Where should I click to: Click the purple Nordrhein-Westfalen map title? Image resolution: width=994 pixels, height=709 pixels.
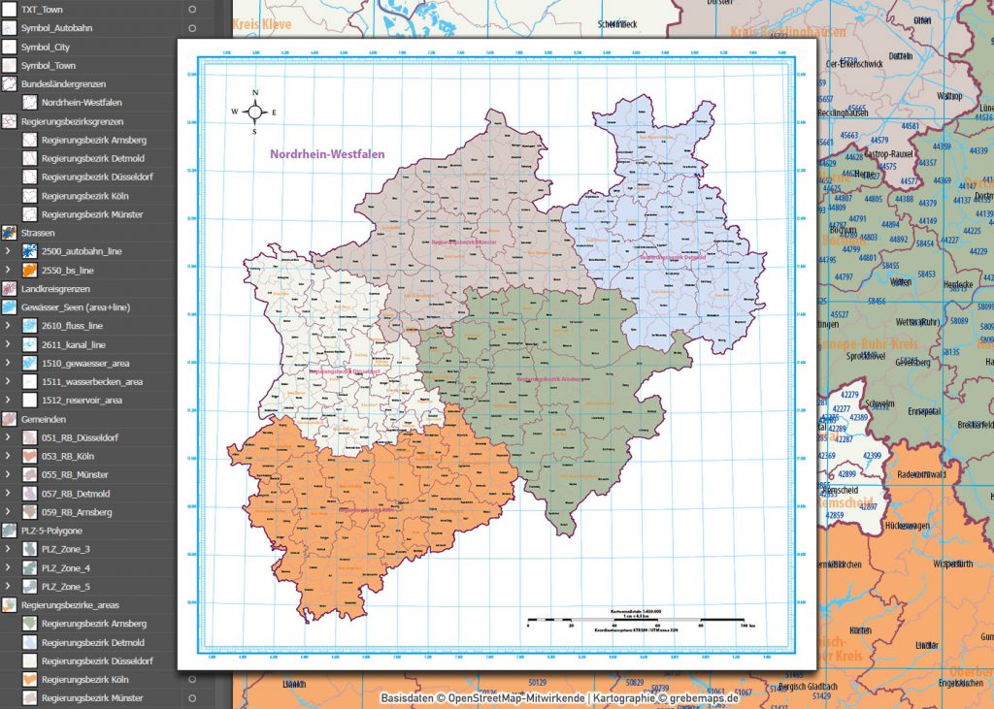(327, 154)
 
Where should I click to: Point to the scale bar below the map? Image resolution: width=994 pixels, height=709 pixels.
(636, 619)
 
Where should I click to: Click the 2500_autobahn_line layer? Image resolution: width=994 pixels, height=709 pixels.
(82, 251)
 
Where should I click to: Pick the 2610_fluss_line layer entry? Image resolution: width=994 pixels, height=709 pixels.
(72, 326)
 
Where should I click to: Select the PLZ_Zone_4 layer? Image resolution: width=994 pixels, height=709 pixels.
(66, 567)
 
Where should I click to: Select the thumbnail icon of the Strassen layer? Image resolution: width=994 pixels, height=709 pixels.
(9, 233)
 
